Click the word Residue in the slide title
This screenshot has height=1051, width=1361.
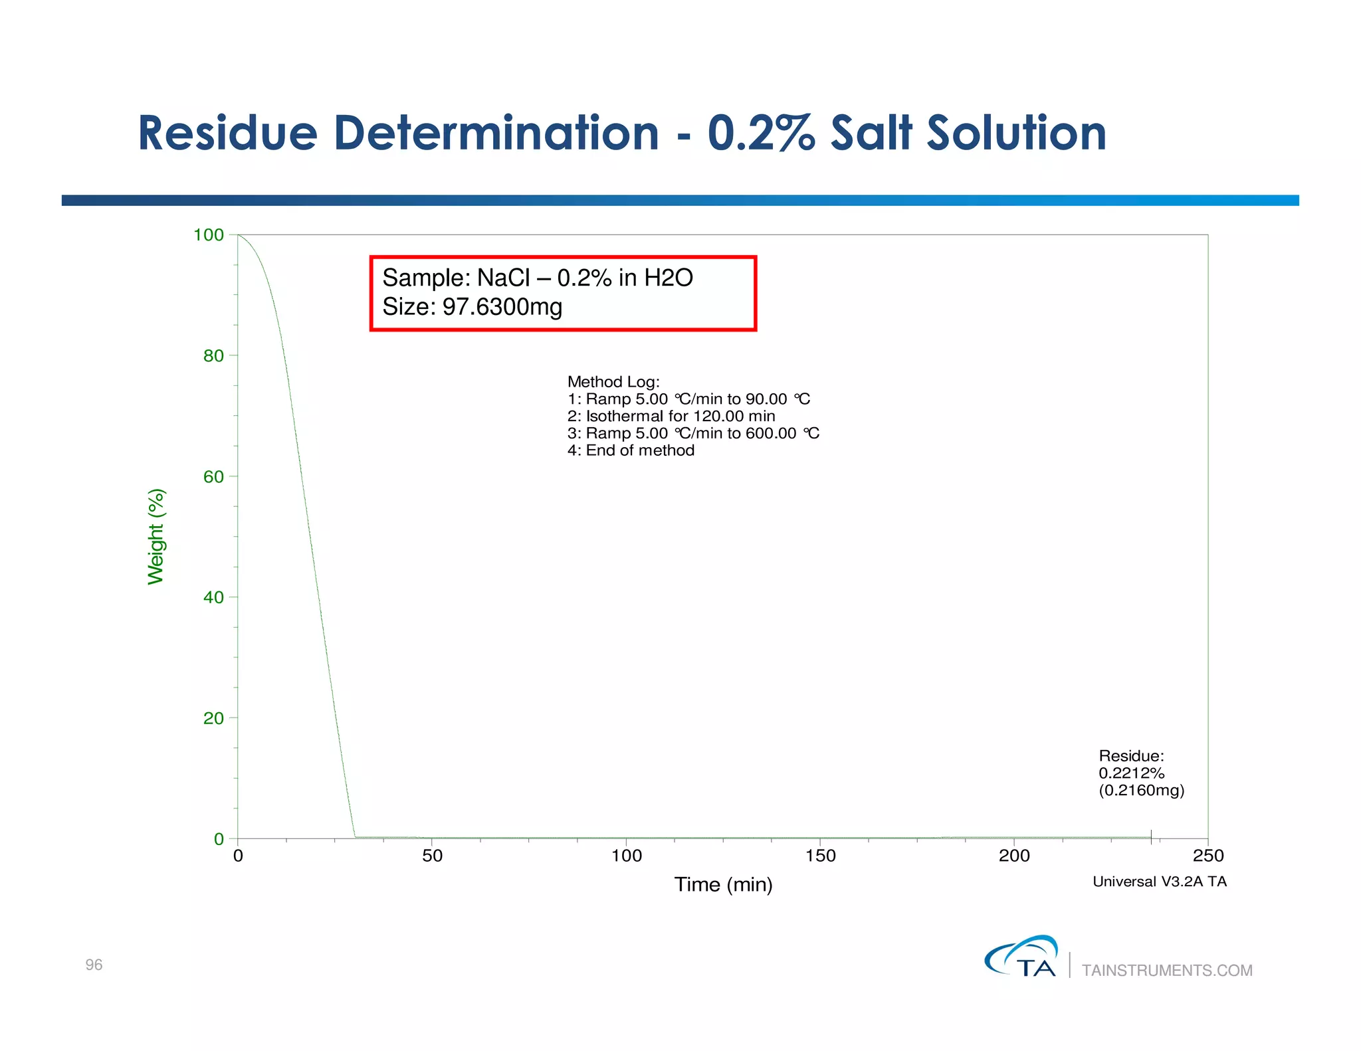(227, 133)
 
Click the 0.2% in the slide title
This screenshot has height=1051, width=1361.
(760, 133)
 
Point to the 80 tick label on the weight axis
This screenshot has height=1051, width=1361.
(213, 356)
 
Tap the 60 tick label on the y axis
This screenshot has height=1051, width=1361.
(213, 477)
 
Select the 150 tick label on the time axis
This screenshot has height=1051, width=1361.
(820, 856)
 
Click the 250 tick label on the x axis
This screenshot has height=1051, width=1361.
(1207, 856)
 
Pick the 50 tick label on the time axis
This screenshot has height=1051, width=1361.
(432, 856)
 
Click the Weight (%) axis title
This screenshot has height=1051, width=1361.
(156, 537)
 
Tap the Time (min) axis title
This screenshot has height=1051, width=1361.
(723, 884)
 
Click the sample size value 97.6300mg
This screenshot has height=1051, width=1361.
(502, 307)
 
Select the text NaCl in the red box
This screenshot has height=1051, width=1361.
(503, 278)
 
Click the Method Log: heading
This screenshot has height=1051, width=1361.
(613, 382)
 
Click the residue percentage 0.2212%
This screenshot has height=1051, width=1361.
(1131, 773)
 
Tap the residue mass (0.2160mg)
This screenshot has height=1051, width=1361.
(1141, 791)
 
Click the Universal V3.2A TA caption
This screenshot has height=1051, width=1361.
(1159, 882)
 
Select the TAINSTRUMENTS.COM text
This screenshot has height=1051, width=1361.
(1167, 971)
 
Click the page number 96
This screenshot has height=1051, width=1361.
(94, 965)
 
